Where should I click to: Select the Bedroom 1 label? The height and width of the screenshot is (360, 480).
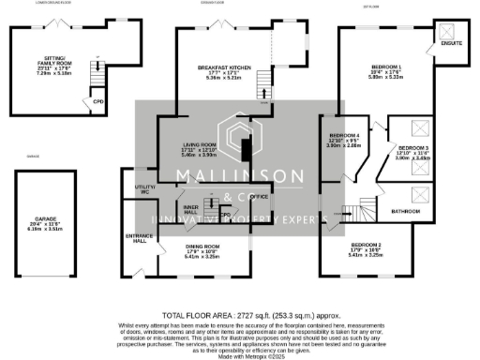(x=386, y=71)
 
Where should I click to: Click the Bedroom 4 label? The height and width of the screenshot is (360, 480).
(x=343, y=142)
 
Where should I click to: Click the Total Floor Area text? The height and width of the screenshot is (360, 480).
(x=240, y=315)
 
